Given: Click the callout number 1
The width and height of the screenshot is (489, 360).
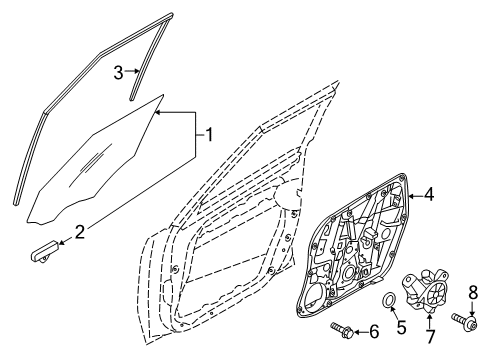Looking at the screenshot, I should pyautogui.click(x=209, y=131).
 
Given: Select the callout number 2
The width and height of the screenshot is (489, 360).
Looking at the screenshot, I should pyautogui.click(x=81, y=232).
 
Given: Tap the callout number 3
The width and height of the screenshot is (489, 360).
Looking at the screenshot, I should pyautogui.click(x=117, y=71).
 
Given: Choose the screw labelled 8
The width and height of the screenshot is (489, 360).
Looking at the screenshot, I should pyautogui.click(x=466, y=348).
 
